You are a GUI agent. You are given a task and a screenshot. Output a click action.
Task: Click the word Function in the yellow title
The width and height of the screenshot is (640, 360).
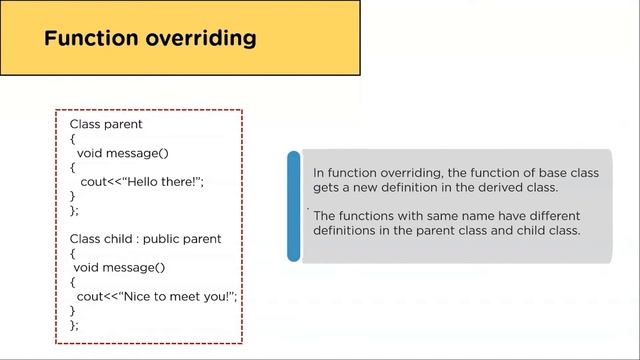91,38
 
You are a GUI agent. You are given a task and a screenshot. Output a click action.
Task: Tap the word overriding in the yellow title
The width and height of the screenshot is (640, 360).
201,39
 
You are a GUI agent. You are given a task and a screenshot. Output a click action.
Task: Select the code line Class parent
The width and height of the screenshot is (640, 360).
106,124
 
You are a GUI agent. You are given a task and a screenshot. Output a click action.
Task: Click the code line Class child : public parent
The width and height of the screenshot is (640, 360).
145,239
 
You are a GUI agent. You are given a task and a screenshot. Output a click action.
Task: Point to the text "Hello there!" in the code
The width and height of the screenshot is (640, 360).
162,182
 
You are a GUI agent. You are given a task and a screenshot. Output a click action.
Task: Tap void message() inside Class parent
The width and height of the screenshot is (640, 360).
122,153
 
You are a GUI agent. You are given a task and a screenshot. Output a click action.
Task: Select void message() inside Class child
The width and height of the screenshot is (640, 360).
119,267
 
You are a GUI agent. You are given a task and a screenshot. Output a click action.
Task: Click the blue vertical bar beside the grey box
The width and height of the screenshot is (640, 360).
293,206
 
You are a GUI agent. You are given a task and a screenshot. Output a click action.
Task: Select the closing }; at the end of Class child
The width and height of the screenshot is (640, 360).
74,325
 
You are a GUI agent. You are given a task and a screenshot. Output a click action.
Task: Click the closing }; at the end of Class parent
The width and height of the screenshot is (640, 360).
74,210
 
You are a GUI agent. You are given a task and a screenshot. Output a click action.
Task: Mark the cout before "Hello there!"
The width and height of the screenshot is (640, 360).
93,182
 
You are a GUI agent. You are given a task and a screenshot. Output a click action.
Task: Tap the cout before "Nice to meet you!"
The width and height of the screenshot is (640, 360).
90,296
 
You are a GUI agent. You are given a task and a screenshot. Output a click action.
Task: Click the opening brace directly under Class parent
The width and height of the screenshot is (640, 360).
72,139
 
